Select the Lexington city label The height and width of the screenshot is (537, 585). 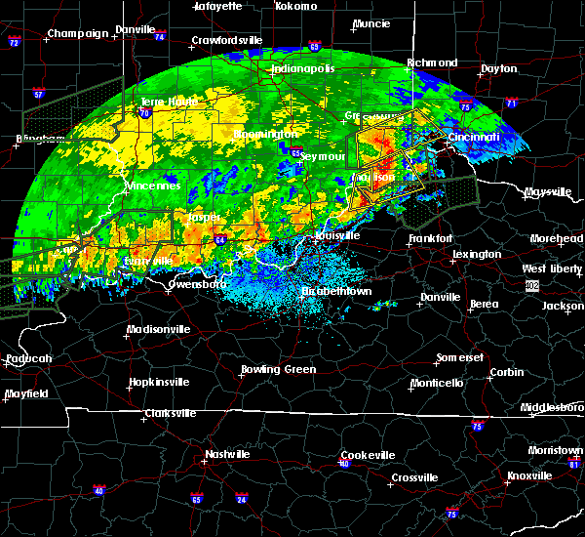(478, 254)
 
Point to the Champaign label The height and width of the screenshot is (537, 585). (79, 33)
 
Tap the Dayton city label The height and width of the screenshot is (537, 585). (499, 69)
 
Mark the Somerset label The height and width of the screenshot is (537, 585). (458, 357)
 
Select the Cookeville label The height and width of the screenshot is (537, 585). (368, 455)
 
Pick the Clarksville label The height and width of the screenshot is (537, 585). (169, 413)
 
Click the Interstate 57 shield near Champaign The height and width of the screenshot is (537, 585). (38, 94)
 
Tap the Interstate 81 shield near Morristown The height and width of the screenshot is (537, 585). (574, 463)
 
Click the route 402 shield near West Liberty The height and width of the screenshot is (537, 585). (532, 285)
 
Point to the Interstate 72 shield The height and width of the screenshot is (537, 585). (15, 43)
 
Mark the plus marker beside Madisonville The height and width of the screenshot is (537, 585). (127, 337)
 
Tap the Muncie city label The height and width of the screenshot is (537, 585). (371, 23)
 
